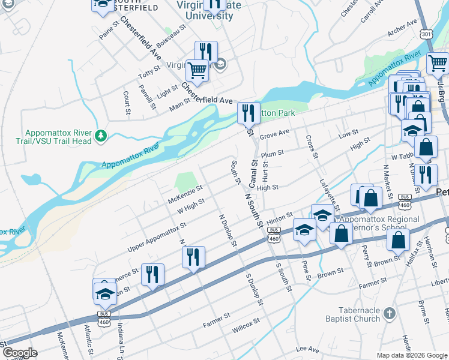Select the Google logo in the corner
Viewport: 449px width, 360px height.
coord(20,352)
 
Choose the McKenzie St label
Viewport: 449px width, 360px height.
coord(186,193)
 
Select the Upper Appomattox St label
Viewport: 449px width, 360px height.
coord(157,238)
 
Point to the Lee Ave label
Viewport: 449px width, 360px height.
coord(307,349)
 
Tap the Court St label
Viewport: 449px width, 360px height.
coord(127,103)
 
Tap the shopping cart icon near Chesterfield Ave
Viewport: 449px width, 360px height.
coord(197,71)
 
